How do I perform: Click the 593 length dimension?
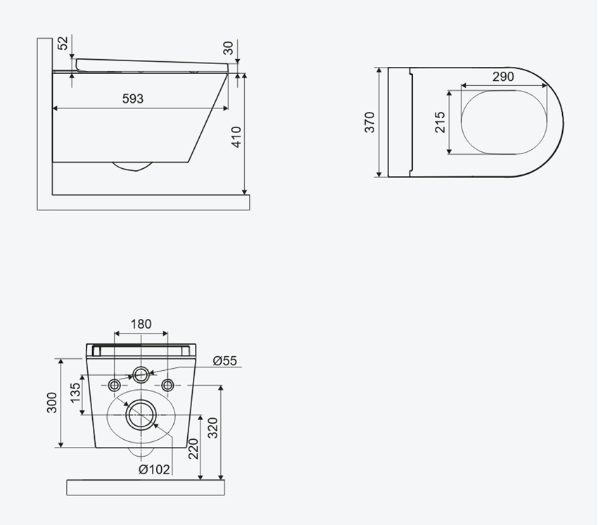pos(133,99)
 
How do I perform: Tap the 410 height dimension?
pos(236,137)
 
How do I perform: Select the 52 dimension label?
pos(63,43)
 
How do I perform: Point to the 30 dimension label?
pos(228,48)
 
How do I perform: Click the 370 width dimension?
pos(369,122)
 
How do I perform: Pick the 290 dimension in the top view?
pos(503,77)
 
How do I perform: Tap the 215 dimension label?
pos(440,122)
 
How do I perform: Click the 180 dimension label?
pos(141,324)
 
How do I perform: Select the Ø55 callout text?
pos(225,360)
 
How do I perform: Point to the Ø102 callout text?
pos(155,469)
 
